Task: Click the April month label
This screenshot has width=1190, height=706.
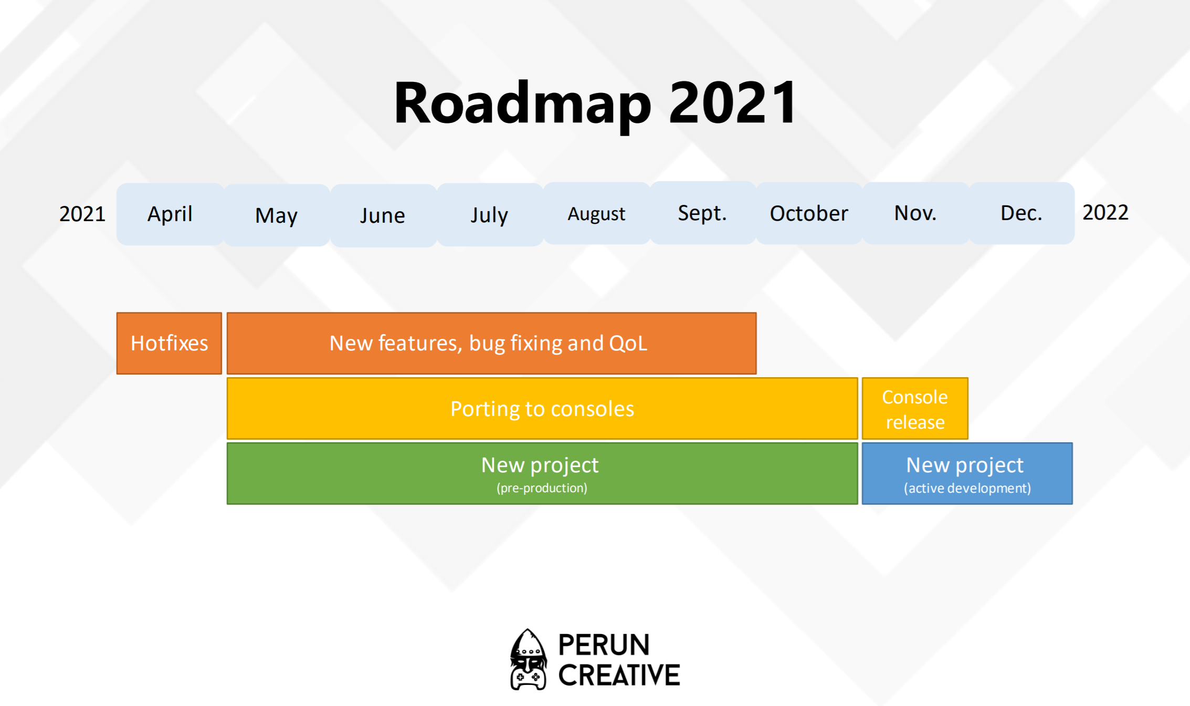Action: click(x=170, y=214)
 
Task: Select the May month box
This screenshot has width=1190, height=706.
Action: click(x=277, y=215)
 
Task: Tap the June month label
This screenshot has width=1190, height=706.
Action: click(x=383, y=215)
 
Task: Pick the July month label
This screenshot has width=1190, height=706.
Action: click(x=489, y=215)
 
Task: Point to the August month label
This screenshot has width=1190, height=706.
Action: click(x=596, y=214)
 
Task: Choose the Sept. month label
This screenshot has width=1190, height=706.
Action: click(x=702, y=213)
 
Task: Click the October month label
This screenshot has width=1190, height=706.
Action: click(x=809, y=213)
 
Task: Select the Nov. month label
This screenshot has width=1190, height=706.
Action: click(x=915, y=213)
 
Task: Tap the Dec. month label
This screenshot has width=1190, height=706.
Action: click(x=1021, y=213)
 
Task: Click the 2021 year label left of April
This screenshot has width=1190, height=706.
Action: click(x=82, y=214)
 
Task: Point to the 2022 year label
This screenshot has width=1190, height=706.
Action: click(x=1105, y=212)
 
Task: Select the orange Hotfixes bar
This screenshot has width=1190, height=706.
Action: click(x=169, y=344)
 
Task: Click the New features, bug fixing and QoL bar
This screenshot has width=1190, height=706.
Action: click(x=491, y=344)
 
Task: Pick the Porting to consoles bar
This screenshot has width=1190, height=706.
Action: click(x=542, y=409)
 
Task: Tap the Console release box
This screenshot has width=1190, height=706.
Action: click(x=915, y=409)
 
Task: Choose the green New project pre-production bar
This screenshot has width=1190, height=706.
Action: click(x=542, y=474)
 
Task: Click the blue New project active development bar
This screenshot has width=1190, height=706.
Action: click(x=967, y=474)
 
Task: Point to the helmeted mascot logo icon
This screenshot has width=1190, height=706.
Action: click(x=528, y=659)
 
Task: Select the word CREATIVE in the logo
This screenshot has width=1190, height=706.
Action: click(x=619, y=676)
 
